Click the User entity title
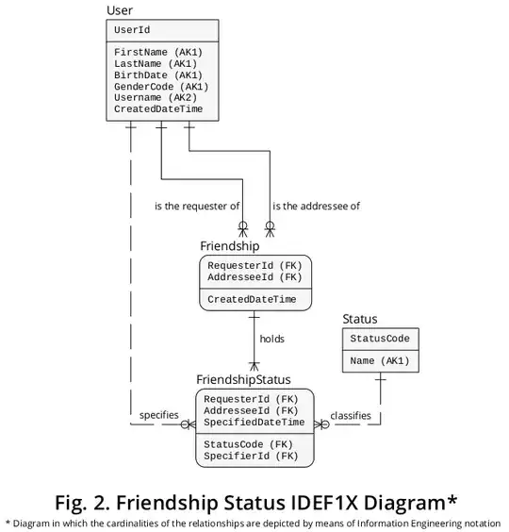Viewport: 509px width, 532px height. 120,10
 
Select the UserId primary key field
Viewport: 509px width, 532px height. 132,30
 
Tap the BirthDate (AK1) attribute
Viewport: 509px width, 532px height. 157,74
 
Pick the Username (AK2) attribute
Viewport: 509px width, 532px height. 156,97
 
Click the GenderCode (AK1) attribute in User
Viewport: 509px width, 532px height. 161,86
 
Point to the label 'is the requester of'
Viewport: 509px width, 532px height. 197,206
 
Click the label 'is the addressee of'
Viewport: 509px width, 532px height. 316,206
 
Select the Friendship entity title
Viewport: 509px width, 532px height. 229,245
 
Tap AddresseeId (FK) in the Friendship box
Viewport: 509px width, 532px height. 254,277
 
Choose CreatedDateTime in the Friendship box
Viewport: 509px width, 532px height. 252,300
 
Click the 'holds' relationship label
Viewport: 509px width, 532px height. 271,338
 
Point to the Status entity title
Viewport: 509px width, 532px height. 359,320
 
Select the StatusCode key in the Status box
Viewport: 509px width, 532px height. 380,339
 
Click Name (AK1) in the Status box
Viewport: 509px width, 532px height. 380,360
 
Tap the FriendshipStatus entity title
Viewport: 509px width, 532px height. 243,379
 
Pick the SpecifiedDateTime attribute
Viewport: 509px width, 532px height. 254,423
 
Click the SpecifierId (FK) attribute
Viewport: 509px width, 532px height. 251,456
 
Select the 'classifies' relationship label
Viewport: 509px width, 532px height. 350,415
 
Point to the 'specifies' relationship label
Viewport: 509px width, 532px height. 158,415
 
